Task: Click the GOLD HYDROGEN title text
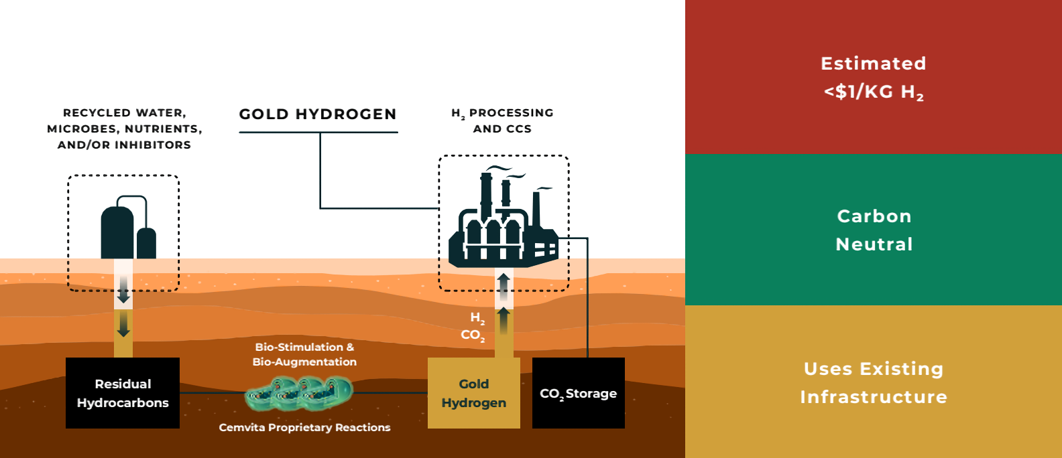tap(318, 115)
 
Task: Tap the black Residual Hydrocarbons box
tap(123, 393)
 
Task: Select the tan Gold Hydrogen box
tap(473, 393)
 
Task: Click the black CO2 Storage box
tap(578, 393)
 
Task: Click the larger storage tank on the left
tap(117, 233)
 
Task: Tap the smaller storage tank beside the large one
tap(146, 244)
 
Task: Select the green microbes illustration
tap(299, 393)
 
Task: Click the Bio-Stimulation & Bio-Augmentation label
tap(304, 354)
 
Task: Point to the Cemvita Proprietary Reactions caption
tap(304, 427)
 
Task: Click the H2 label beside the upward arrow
tap(477, 317)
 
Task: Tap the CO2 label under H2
tap(472, 335)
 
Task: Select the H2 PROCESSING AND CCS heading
tap(502, 121)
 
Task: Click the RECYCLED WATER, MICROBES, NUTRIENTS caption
tap(124, 129)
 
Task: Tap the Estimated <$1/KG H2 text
tap(873, 77)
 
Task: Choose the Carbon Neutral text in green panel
tap(874, 230)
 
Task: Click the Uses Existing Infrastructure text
tap(873, 382)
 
